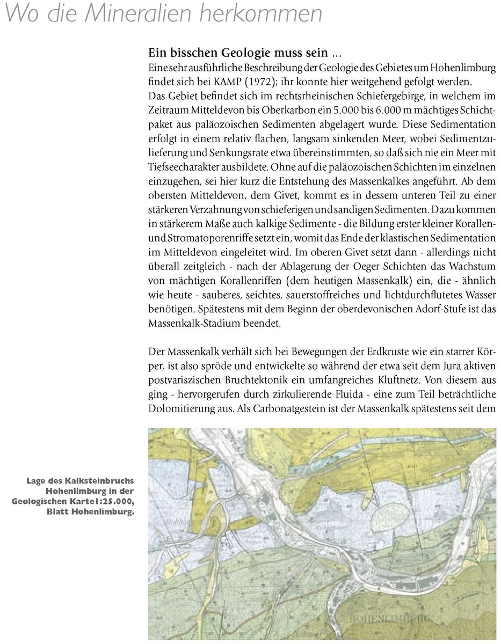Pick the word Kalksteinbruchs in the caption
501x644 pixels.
click(105, 481)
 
